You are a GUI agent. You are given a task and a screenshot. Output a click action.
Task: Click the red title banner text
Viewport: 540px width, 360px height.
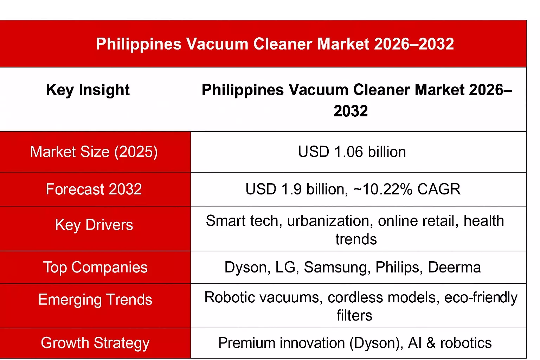275,44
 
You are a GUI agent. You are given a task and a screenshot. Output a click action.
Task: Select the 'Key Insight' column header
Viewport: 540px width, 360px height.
88,90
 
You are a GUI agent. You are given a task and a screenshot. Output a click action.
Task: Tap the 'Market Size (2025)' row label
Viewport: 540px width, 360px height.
94,152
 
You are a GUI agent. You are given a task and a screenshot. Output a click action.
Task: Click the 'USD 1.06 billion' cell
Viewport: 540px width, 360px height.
352,152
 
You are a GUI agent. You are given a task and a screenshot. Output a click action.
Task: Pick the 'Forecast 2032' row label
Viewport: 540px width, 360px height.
94,189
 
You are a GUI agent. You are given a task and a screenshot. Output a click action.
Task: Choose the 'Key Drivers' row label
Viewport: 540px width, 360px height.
94,225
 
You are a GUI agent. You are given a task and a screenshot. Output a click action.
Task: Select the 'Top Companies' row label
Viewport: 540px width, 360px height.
95,267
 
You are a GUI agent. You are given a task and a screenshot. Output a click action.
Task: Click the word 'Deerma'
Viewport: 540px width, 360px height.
454,267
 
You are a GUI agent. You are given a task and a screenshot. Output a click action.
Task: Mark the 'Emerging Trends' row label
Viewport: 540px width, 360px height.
95,300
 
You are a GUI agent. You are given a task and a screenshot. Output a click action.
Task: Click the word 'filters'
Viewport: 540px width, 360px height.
354,315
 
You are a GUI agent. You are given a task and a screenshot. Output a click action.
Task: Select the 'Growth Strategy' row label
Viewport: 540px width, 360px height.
95,343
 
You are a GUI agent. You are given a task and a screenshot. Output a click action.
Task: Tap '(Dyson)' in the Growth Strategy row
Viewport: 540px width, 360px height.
376,343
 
